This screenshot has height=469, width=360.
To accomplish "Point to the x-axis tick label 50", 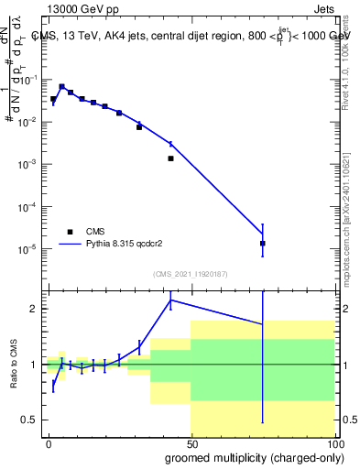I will point(191,442).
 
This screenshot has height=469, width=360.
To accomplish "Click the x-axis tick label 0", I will point(49,442).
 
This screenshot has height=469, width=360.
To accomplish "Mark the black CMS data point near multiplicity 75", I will point(263,244).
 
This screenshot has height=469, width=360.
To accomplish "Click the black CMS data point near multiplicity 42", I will point(170,158).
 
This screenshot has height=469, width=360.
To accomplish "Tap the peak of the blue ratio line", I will point(170,300).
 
